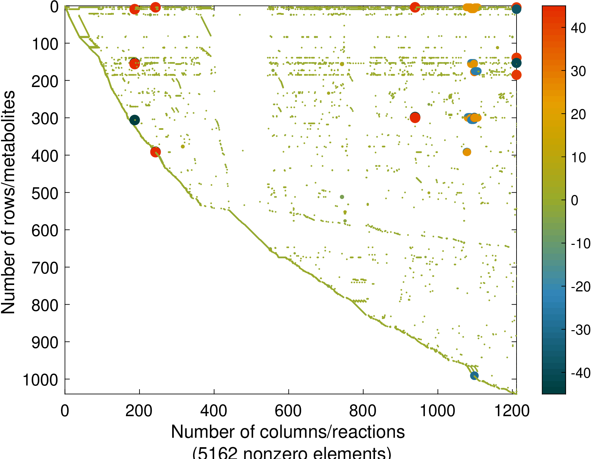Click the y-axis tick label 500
point(45,193)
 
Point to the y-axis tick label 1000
point(40,380)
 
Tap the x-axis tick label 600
point(288,411)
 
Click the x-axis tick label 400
point(214,411)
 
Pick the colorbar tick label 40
point(579,28)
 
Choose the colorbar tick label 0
point(575,200)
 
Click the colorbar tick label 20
point(579,114)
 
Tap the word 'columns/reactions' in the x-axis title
point(332,432)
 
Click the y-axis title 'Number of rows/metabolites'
point(8,202)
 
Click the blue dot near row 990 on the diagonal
point(474,376)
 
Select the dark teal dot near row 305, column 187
point(134,120)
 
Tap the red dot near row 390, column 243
point(155,152)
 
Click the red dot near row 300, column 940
point(415,118)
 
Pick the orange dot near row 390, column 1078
point(467,152)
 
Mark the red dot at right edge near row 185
point(516,75)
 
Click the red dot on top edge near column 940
point(415,7)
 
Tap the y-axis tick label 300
point(45,119)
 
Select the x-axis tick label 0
point(65,411)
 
